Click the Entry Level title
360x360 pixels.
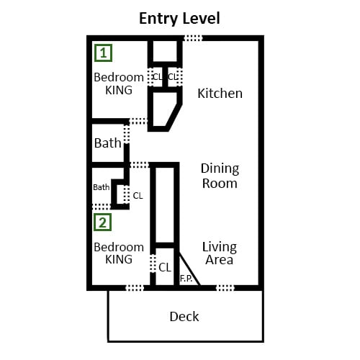click(x=179, y=19)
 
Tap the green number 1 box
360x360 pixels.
click(x=103, y=53)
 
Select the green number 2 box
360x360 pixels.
click(x=102, y=222)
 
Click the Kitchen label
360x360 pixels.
click(x=220, y=94)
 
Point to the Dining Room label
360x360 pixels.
click(x=220, y=176)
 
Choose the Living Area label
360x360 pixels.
click(x=220, y=253)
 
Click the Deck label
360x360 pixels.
click(x=184, y=317)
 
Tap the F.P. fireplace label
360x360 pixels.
click(x=186, y=279)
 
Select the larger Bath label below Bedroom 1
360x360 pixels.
click(x=107, y=143)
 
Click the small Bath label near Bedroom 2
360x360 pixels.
click(x=102, y=187)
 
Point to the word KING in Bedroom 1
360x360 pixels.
click(x=119, y=90)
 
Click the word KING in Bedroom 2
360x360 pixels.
click(x=119, y=259)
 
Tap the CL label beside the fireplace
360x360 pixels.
click(x=165, y=267)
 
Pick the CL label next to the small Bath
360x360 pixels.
click(x=138, y=196)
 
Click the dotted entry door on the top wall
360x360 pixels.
click(x=193, y=38)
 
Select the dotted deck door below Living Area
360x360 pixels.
click(x=225, y=288)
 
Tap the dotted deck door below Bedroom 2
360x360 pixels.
click(x=135, y=288)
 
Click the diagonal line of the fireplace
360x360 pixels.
click(x=189, y=269)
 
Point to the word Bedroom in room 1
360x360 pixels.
click(x=119, y=77)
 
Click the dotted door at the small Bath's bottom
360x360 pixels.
click(x=102, y=207)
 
